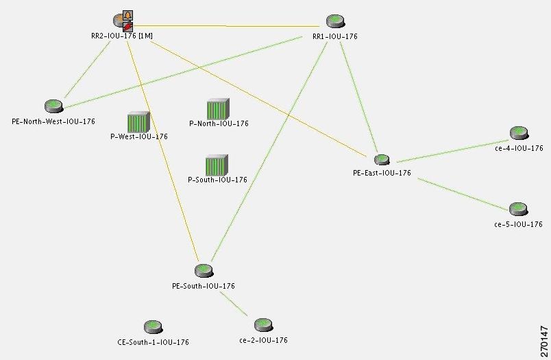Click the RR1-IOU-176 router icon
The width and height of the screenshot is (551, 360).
tap(334, 21)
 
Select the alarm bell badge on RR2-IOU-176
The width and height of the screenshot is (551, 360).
tap(127, 15)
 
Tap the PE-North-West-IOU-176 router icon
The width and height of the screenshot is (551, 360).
tap(53, 106)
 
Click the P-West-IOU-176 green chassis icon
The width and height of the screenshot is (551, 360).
tap(138, 122)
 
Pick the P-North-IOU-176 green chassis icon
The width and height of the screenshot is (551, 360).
tap(218, 110)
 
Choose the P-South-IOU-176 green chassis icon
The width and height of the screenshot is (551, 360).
tap(217, 165)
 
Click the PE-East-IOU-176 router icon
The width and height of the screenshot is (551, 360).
tap(382, 160)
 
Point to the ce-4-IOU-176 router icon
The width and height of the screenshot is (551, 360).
tap(518, 133)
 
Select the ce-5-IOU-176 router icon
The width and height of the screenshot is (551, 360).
tap(517, 209)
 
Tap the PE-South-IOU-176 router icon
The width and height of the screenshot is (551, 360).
tap(203, 271)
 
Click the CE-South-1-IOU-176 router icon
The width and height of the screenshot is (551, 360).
tap(153, 327)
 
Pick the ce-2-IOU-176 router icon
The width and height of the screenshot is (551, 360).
tap(263, 325)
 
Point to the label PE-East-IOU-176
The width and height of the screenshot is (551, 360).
tap(382, 173)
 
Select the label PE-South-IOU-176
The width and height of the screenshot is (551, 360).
tap(204, 285)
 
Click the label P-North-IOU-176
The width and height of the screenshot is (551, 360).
tap(219, 124)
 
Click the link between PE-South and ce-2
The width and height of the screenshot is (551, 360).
tap(234, 304)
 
